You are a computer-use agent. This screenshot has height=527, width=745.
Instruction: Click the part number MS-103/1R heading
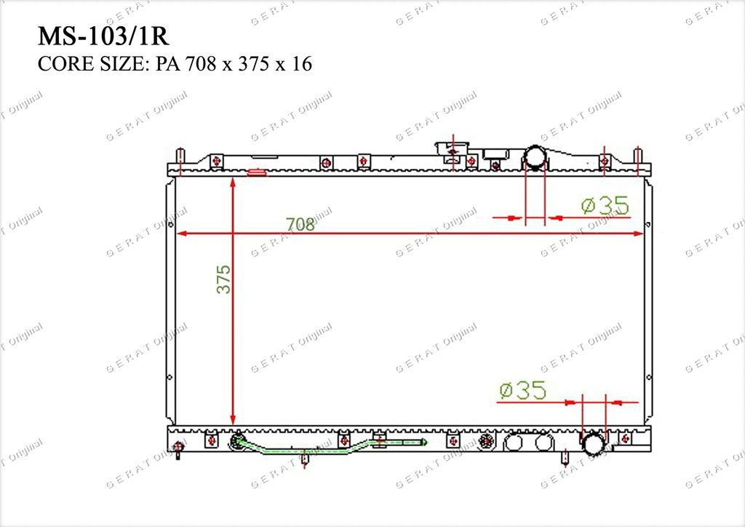pos(103,36)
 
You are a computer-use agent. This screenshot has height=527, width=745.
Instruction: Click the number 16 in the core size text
pos(302,63)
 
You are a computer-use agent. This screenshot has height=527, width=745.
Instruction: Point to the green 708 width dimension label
pos(300,223)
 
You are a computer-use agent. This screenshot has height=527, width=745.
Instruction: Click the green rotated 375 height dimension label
pos(223,279)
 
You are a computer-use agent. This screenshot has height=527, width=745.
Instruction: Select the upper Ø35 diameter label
pos(605,205)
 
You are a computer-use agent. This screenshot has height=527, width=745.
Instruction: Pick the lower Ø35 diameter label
pos(522,390)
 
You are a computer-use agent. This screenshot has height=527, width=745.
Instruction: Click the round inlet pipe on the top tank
pos(535,157)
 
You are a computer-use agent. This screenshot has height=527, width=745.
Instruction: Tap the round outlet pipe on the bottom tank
pos(594,443)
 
